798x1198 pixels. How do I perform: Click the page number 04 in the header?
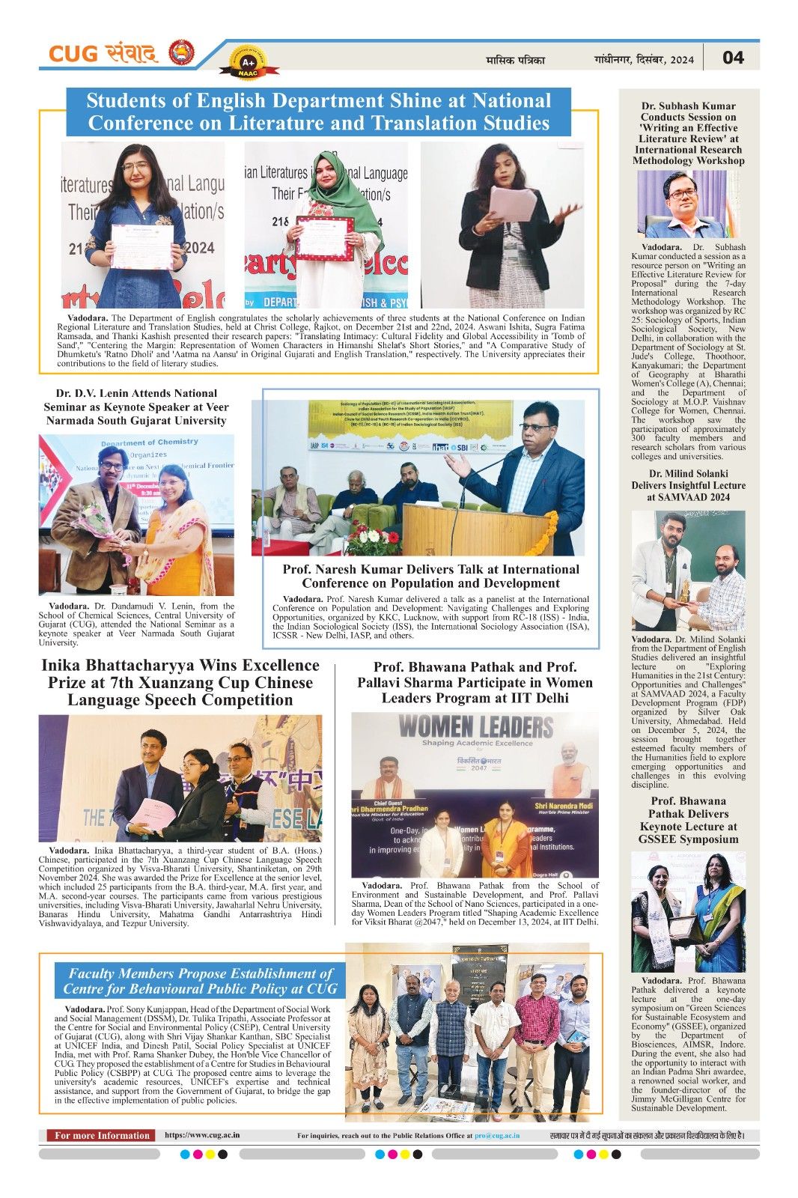pyautogui.click(x=733, y=58)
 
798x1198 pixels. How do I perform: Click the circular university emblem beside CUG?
pyautogui.click(x=181, y=54)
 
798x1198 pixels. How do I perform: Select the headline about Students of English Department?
pyautogui.click(x=319, y=112)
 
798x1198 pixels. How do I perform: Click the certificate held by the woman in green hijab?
pyautogui.click(x=324, y=238)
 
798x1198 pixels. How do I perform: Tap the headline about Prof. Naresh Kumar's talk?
pyautogui.click(x=430, y=576)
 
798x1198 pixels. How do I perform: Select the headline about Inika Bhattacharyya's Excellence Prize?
pyautogui.click(x=180, y=682)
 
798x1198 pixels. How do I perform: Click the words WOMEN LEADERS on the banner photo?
pyautogui.click(x=475, y=726)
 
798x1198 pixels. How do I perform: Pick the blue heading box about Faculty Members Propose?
pyautogui.click(x=200, y=981)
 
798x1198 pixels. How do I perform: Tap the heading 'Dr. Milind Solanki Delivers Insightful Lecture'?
pyautogui.click(x=688, y=485)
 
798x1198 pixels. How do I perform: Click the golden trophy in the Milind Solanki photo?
pyautogui.click(x=683, y=591)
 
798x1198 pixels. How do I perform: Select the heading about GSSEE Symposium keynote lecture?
pyautogui.click(x=688, y=820)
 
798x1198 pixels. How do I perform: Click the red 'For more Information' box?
pyautogui.click(x=101, y=1135)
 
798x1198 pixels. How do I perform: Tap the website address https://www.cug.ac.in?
pyautogui.click(x=202, y=1135)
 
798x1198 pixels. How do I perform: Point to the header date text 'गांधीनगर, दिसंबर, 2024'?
pyautogui.click(x=644, y=59)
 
